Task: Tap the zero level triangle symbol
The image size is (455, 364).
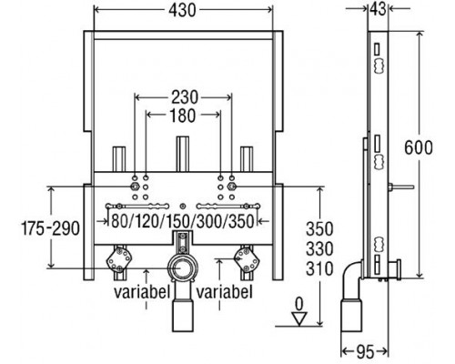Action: [295, 318]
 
